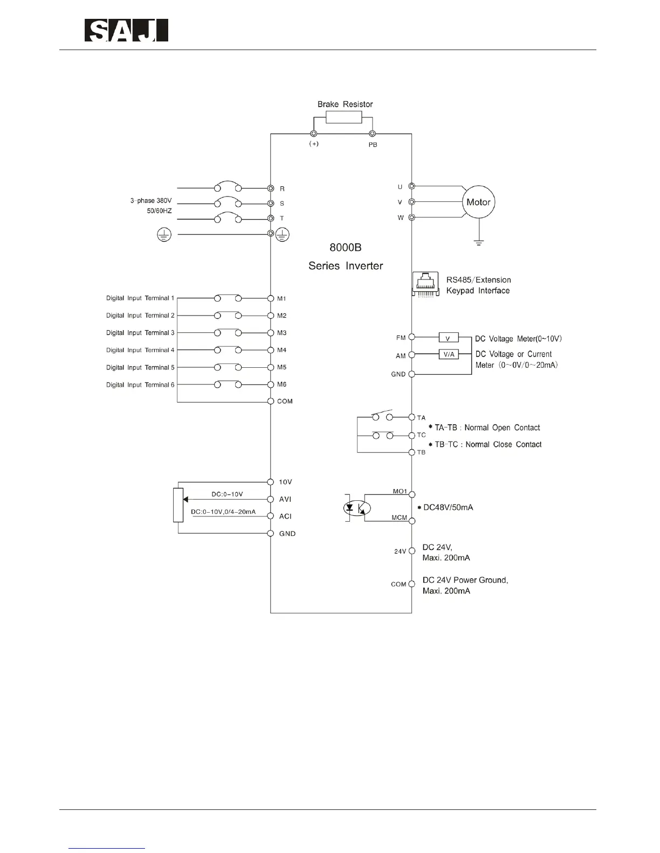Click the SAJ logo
(x=126, y=31)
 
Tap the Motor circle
(x=478, y=202)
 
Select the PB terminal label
(x=373, y=145)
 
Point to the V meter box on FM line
(x=449, y=338)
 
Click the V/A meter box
(x=449, y=354)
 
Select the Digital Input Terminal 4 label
(x=140, y=350)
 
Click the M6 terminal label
(x=281, y=384)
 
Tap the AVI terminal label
(x=285, y=499)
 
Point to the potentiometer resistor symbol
(x=178, y=505)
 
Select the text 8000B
(x=346, y=248)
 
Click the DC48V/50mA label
(x=448, y=507)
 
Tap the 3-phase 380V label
(x=150, y=200)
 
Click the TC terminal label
(x=421, y=435)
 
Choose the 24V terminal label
(x=400, y=551)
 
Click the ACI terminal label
(x=285, y=516)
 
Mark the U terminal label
(x=400, y=187)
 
